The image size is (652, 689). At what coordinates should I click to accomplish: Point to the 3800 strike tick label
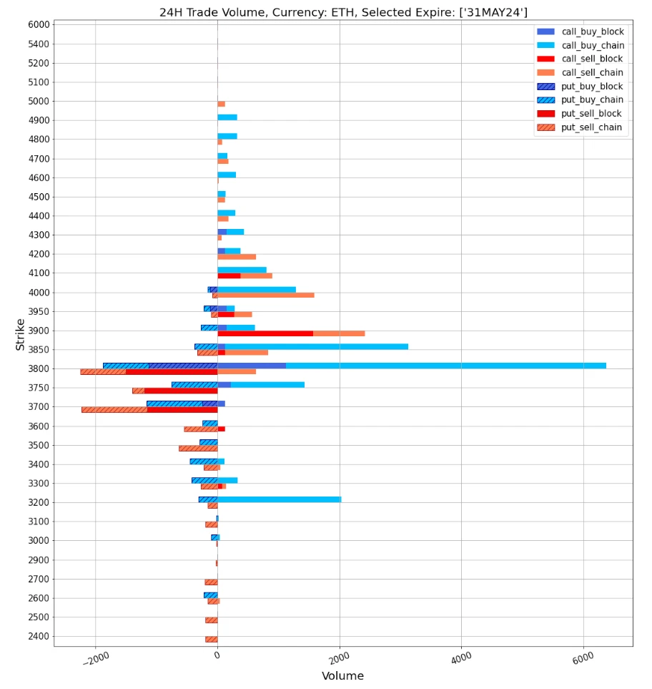pyautogui.click(x=36, y=369)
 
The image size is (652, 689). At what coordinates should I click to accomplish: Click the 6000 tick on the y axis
pyautogui.click(x=36, y=24)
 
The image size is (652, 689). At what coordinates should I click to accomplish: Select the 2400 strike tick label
pyautogui.click(x=36, y=637)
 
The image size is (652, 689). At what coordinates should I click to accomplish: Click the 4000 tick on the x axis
pyautogui.click(x=462, y=658)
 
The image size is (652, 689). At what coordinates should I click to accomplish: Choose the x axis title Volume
pyautogui.click(x=342, y=676)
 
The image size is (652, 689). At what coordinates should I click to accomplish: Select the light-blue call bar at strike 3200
pyautogui.click(x=279, y=499)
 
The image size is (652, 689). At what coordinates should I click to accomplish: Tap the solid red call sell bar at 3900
pyautogui.click(x=265, y=333)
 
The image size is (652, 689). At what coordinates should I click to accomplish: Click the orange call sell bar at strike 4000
pyautogui.click(x=265, y=295)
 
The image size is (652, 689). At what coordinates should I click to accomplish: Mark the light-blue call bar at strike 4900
pyautogui.click(x=227, y=117)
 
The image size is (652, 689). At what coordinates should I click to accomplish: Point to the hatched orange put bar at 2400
pyautogui.click(x=211, y=640)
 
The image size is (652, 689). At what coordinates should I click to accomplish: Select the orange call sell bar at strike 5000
pyautogui.click(x=221, y=104)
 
